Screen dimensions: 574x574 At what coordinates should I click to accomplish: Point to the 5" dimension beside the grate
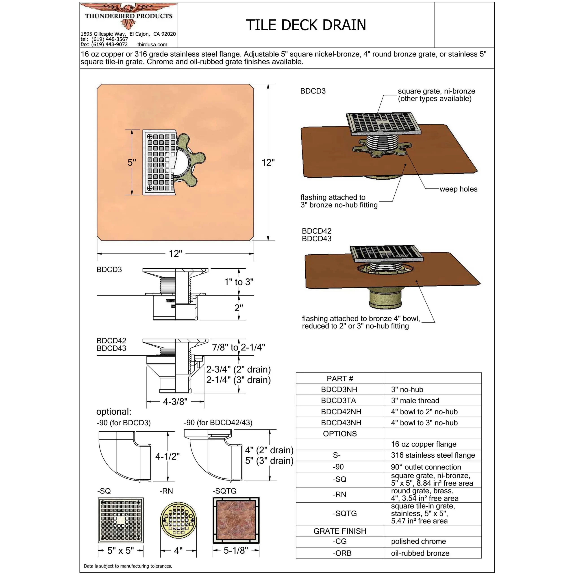(x=132, y=163)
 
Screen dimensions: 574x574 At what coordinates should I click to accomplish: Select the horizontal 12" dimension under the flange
(x=175, y=254)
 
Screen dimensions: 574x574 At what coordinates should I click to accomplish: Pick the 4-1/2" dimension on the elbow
(x=167, y=456)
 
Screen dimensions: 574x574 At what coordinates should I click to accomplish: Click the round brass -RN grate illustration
(x=178, y=520)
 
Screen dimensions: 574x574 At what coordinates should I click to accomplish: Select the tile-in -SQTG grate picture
(x=236, y=520)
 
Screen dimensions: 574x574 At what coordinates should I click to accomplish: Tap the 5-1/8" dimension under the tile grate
(x=236, y=550)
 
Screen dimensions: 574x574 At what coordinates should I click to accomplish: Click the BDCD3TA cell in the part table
(x=338, y=400)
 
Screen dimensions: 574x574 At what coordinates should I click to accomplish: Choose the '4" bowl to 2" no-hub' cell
(x=424, y=412)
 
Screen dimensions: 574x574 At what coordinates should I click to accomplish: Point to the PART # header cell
(x=340, y=378)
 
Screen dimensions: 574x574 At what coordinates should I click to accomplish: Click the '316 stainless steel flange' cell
(x=433, y=455)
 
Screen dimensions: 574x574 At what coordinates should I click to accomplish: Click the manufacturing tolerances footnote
(x=128, y=566)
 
